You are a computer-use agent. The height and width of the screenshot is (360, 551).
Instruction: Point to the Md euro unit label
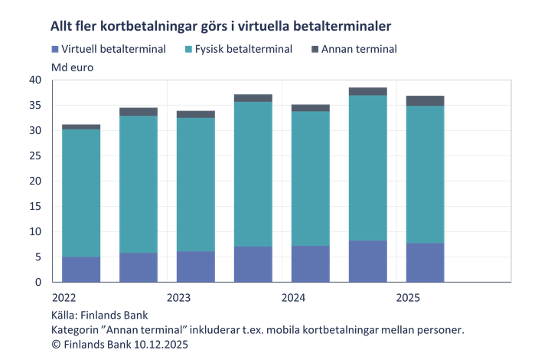click(71, 67)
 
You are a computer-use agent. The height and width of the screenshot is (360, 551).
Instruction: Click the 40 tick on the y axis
click(35, 80)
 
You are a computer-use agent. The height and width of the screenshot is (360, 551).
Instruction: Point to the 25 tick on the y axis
click(35, 155)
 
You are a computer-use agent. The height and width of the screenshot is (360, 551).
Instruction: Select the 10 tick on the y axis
click(35, 231)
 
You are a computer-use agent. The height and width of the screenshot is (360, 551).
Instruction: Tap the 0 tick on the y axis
click(38, 282)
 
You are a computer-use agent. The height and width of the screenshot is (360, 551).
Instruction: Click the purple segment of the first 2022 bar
click(81, 269)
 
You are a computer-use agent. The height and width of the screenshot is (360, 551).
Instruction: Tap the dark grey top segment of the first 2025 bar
click(425, 100)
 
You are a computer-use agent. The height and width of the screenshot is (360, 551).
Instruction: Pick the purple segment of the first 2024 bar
click(311, 263)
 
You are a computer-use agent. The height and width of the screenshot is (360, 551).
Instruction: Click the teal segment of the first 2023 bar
click(195, 184)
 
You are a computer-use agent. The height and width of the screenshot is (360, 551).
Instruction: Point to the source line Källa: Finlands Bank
click(99, 316)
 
